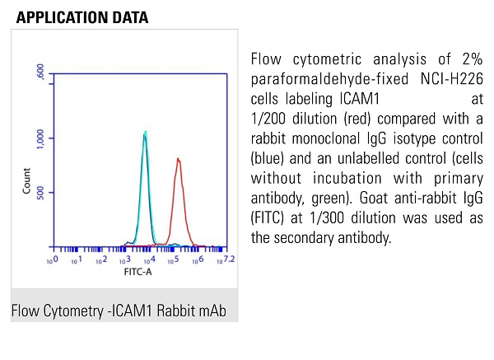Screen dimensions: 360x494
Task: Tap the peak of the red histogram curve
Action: pyautogui.click(x=177, y=158)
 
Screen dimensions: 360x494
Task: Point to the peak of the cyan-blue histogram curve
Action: pyautogui.click(x=145, y=132)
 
